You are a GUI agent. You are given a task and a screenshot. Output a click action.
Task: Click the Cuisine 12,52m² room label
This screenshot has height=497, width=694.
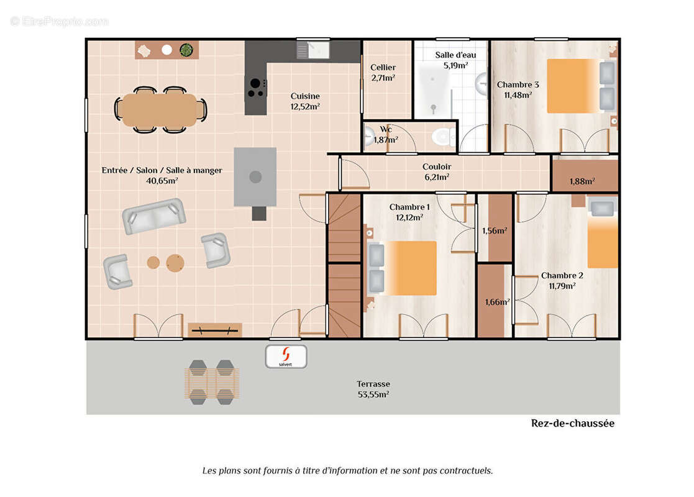point(305,101)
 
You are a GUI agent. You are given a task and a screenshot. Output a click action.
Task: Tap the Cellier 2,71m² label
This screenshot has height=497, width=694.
point(383,73)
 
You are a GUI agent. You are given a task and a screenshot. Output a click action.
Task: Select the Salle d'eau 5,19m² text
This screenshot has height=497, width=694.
point(455,60)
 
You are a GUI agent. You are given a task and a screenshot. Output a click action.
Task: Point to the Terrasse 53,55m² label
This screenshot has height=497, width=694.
point(373,389)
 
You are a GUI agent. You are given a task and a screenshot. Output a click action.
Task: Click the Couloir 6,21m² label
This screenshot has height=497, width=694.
point(437,171)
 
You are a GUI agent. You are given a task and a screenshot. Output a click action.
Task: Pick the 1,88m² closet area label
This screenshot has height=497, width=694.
point(582,181)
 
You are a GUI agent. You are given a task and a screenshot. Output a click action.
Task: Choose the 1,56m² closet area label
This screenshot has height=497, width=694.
point(495,230)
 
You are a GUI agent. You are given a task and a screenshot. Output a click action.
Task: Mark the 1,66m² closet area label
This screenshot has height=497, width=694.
point(497,302)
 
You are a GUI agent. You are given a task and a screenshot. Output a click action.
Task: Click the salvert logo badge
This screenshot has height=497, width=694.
point(286,356)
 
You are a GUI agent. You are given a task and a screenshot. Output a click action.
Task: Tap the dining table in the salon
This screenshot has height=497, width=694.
point(160,110)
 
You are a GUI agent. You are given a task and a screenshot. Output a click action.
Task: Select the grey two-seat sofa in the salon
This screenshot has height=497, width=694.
point(153,216)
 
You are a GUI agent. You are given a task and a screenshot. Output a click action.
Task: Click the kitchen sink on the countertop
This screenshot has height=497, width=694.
point(313,50)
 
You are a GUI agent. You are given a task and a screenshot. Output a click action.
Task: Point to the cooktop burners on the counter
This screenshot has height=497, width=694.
point(256,87)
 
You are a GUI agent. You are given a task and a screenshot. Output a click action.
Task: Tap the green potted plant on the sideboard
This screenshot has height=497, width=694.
point(186,50)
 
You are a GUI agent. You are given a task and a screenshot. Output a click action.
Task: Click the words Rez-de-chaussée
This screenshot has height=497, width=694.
point(572,423)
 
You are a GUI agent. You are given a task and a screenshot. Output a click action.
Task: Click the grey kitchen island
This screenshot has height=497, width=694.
point(255,177)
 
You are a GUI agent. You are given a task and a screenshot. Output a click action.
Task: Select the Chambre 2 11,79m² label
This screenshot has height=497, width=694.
point(562,281)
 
